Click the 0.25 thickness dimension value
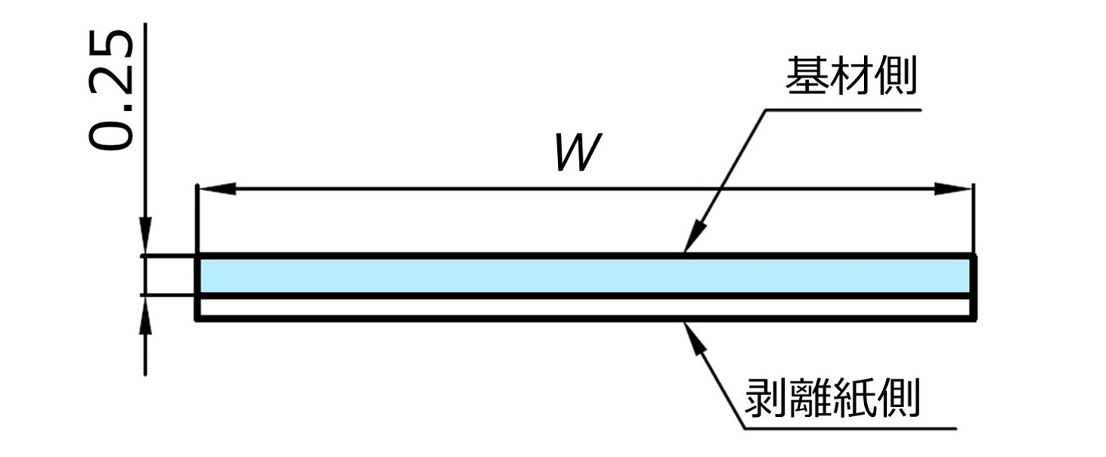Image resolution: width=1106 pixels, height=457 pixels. pyautogui.click(x=110, y=90)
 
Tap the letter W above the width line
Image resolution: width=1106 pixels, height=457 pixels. pyautogui.click(x=578, y=152)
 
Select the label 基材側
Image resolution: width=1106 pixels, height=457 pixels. pyautogui.click(x=851, y=76)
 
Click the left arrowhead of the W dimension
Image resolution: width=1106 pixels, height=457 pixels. pyautogui.click(x=216, y=189)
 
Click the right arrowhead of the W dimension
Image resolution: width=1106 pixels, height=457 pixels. pyautogui.click(x=953, y=189)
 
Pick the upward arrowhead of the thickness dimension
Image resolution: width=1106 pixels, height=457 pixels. pyautogui.click(x=145, y=316)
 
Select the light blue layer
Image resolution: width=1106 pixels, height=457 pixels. pyautogui.click(x=584, y=276)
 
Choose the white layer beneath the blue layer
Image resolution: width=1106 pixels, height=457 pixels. pyautogui.click(x=584, y=307)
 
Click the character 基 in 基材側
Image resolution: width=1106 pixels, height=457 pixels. pyautogui.click(x=807, y=76)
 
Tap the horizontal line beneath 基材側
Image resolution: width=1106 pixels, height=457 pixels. pyautogui.click(x=844, y=110)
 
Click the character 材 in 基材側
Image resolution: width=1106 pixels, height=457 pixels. pyautogui.click(x=851, y=76)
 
